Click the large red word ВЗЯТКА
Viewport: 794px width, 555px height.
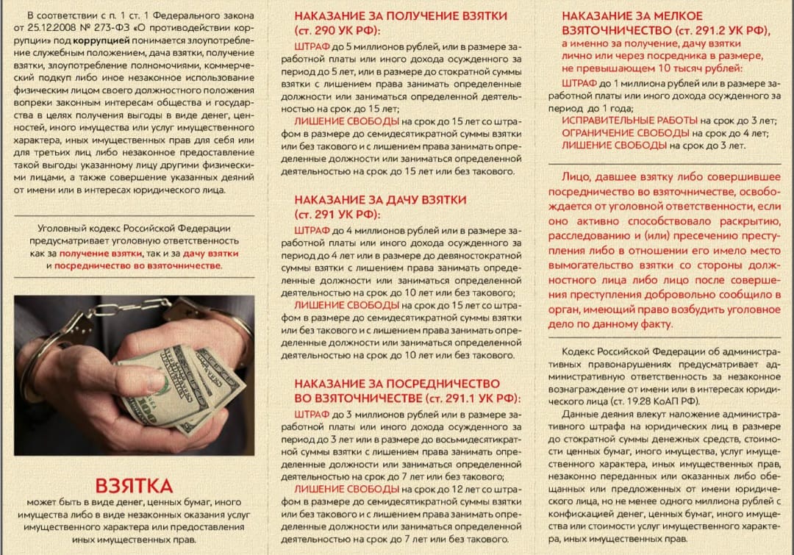[x=134, y=486]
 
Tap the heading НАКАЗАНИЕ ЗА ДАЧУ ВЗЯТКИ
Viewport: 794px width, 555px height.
[x=380, y=200]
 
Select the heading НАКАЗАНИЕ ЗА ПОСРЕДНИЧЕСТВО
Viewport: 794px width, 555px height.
[x=397, y=384]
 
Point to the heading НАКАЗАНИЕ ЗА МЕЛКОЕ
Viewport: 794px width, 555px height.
[x=632, y=15]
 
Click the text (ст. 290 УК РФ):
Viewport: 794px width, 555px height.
[x=337, y=30]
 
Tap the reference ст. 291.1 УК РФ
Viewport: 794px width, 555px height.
[x=471, y=398]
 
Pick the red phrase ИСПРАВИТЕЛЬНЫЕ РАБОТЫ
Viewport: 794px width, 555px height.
[x=629, y=120]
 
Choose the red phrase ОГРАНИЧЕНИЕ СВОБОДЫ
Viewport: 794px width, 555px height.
[x=626, y=133]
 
